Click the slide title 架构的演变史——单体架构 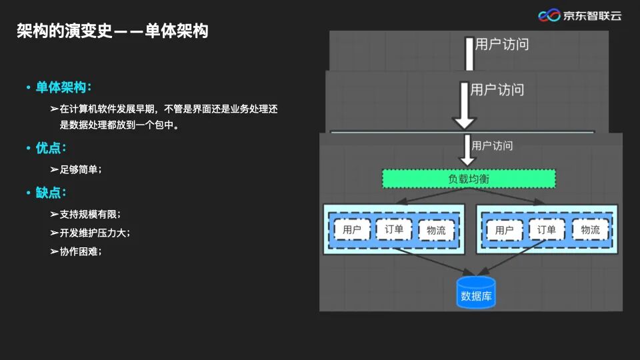(x=112, y=31)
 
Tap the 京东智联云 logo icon (x=549, y=15)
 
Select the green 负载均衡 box (x=469, y=179)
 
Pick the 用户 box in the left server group (x=352, y=230)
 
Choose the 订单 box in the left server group (x=394, y=229)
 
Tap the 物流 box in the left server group (x=436, y=231)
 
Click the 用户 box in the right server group (x=505, y=231)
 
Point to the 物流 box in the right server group (x=590, y=230)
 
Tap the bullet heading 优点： (x=51, y=148)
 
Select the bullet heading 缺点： (x=51, y=193)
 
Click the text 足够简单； (x=81, y=169)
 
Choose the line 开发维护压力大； (x=95, y=233)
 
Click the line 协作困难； (x=81, y=251)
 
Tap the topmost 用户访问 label (x=502, y=45)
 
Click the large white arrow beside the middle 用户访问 (x=464, y=105)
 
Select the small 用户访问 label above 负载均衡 (x=492, y=145)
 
